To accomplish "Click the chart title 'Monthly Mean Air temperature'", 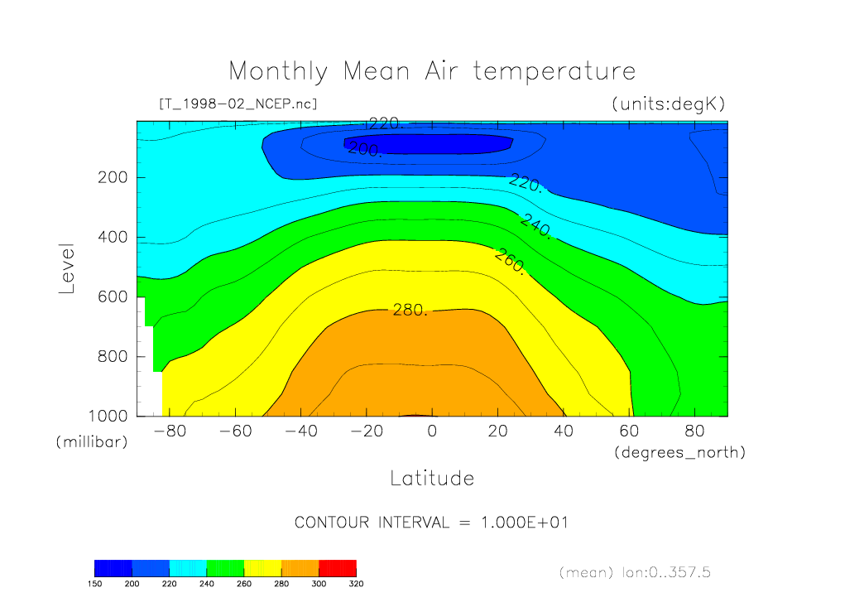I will pyautogui.click(x=432, y=71).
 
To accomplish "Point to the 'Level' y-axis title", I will pyautogui.click(x=68, y=268).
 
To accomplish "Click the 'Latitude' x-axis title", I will pyautogui.click(x=432, y=478).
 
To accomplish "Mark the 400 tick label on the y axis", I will pyautogui.click(x=110, y=237).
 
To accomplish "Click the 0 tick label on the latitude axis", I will pyautogui.click(x=432, y=431).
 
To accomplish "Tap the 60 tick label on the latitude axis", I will pyautogui.click(x=630, y=431).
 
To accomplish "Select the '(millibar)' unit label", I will pyautogui.click(x=92, y=442).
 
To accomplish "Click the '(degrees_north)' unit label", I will pyautogui.click(x=679, y=452).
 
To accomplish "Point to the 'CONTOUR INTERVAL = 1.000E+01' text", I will pyautogui.click(x=431, y=523).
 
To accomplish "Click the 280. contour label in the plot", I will pyautogui.click(x=410, y=311).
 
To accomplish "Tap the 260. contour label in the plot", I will pyautogui.click(x=509, y=261).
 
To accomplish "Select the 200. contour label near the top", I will pyautogui.click(x=364, y=150).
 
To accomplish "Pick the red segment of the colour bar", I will pyautogui.click(x=337, y=568).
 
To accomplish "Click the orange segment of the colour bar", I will pyautogui.click(x=300, y=568).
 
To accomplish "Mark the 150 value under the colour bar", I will pyautogui.click(x=95, y=583).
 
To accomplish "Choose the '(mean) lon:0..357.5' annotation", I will pyautogui.click(x=634, y=572).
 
